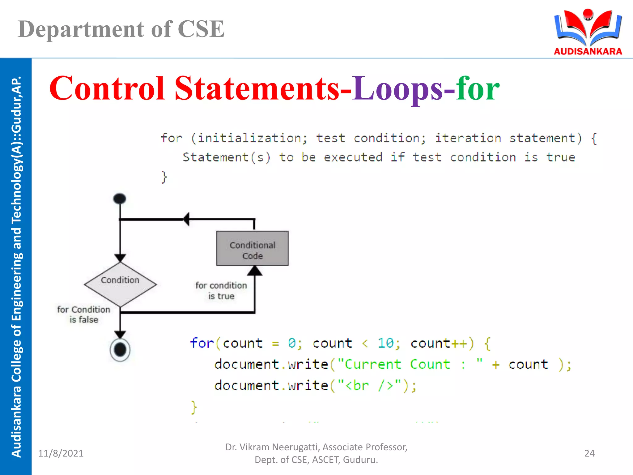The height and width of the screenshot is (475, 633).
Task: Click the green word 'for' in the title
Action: [478, 89]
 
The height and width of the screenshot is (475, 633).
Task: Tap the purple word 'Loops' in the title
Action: [398, 89]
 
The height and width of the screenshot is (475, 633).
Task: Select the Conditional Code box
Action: [252, 248]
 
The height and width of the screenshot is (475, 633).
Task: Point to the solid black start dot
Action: [120, 199]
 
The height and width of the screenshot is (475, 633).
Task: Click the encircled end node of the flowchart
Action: [120, 350]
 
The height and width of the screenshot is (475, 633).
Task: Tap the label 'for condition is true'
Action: [221, 291]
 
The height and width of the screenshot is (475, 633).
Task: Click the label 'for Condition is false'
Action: [83, 315]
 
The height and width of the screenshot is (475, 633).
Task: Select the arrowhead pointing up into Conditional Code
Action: [255, 271]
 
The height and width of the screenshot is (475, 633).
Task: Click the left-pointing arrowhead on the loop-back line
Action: [186, 219]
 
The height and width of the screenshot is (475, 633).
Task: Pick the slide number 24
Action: [589, 453]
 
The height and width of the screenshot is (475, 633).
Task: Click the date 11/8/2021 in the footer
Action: [61, 453]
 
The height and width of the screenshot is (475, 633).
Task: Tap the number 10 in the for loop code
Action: [385, 343]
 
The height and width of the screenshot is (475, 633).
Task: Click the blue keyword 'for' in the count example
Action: [202, 343]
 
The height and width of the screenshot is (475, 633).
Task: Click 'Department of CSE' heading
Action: [121, 29]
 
